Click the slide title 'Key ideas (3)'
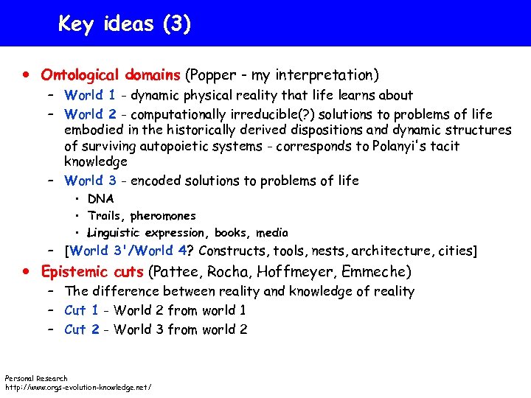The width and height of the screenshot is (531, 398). [x=125, y=24]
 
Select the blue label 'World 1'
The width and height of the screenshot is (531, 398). [x=89, y=95]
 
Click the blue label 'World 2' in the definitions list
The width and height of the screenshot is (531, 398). [x=89, y=114]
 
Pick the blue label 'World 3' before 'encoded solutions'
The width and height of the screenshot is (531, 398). [x=89, y=181]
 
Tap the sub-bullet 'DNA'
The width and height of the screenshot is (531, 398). [x=100, y=198]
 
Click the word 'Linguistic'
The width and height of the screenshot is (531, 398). [x=118, y=233]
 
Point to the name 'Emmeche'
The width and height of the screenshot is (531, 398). [x=379, y=271]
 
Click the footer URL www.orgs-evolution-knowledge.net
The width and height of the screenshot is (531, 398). [x=78, y=386]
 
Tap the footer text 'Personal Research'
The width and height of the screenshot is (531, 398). [x=36, y=378]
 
